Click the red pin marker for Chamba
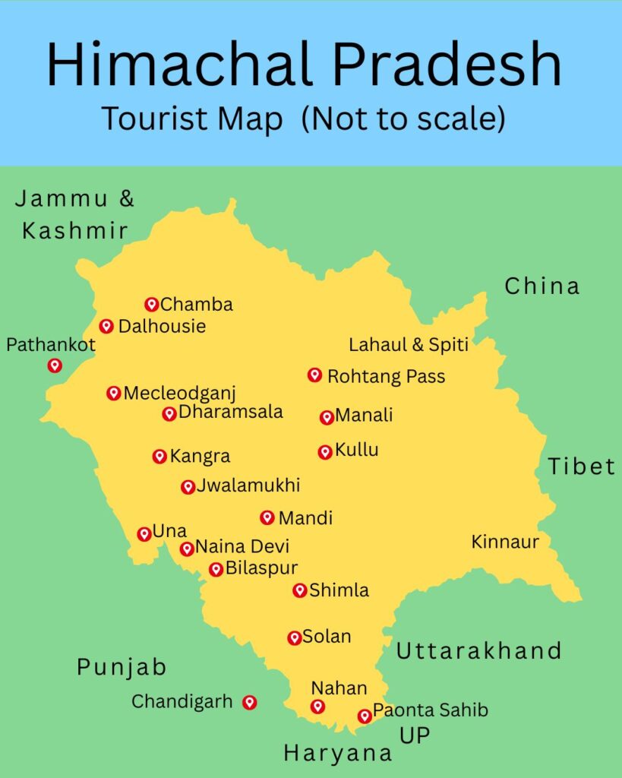click(151, 305)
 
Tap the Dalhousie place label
click(162, 327)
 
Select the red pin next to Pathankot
click(55, 365)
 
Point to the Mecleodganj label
click(180, 394)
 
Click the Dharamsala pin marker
click(169, 413)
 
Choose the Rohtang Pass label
click(386, 376)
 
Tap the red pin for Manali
click(327, 417)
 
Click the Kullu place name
click(356, 451)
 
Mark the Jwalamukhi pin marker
click(188, 487)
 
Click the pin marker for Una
click(144, 534)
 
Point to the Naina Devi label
click(242, 547)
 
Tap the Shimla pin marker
click(300, 590)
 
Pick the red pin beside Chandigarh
click(249, 703)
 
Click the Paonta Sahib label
click(430, 711)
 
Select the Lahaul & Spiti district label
click(409, 345)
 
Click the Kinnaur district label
click(505, 542)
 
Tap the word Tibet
click(582, 466)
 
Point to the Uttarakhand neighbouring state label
click(478, 651)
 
